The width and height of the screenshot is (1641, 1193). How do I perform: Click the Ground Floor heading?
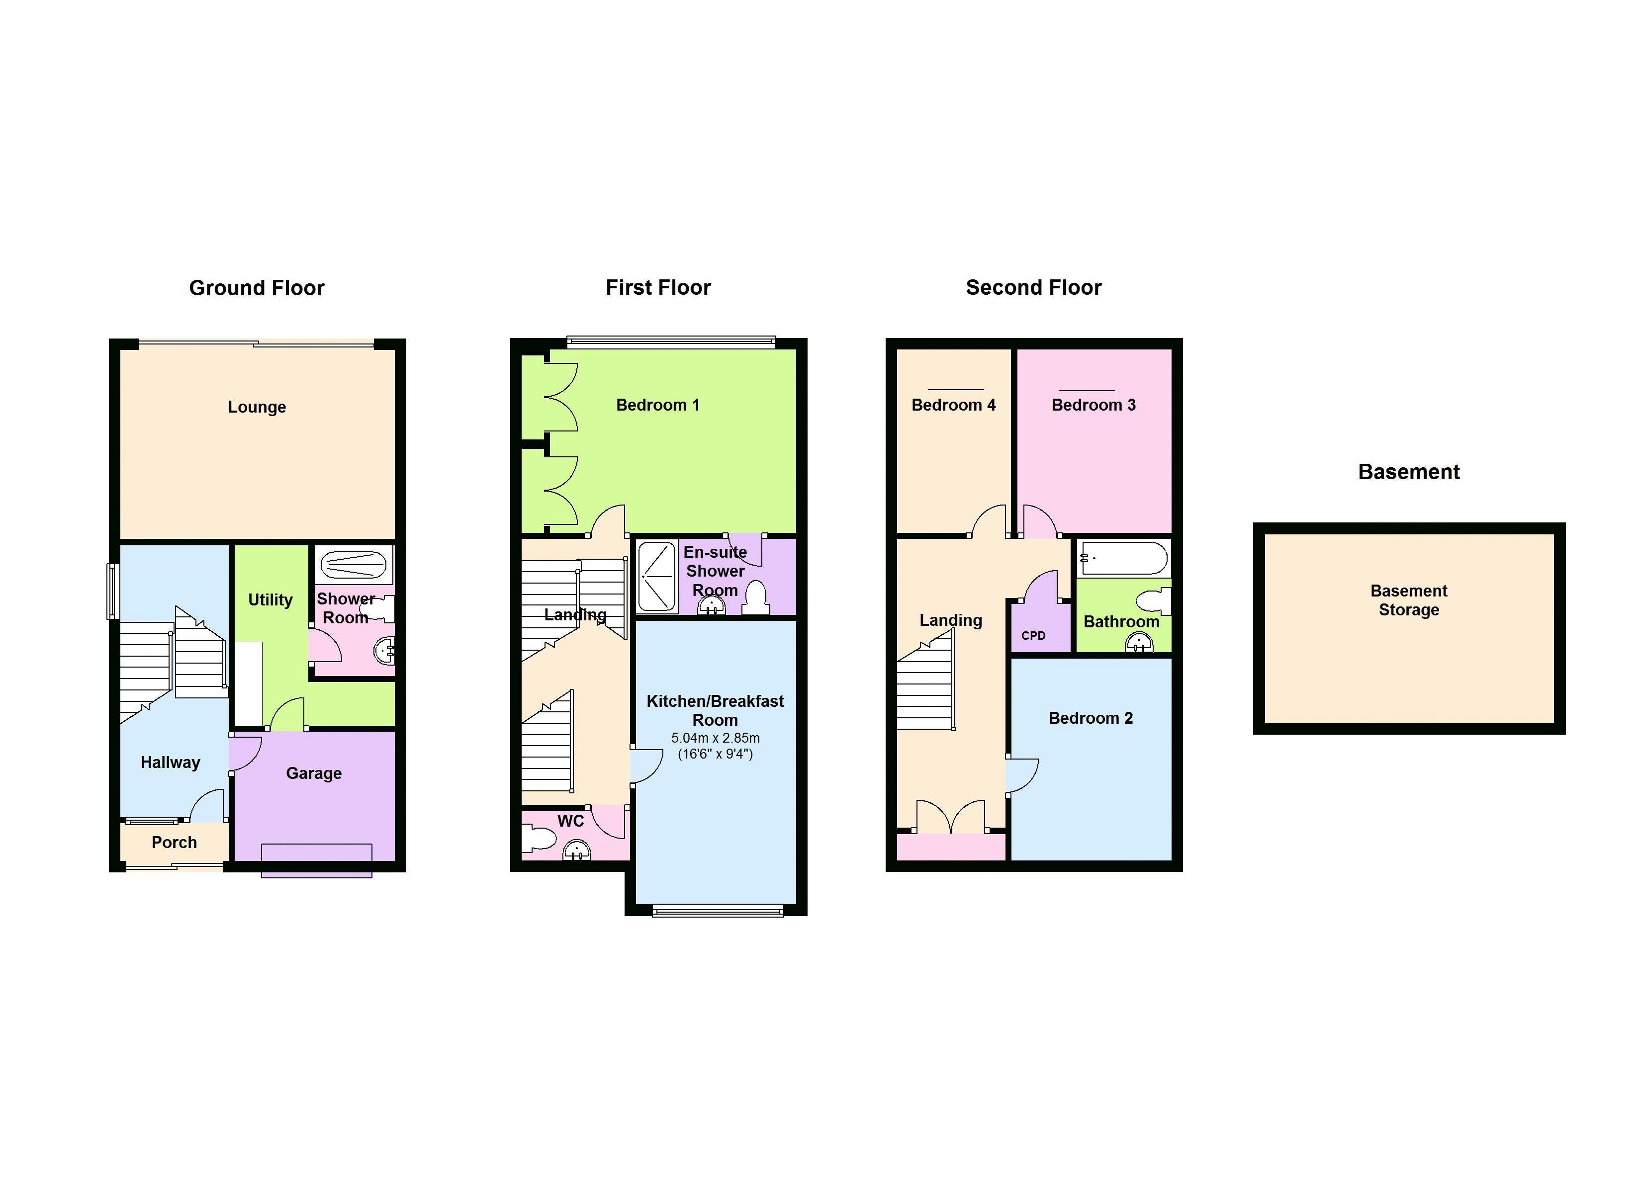click(257, 288)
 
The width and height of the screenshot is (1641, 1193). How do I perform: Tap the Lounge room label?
click(257, 407)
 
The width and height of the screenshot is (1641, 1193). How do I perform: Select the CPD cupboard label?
click(1033, 636)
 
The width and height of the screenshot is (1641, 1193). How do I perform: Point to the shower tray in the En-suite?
click(657, 577)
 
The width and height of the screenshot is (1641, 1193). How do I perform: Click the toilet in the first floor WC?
click(539, 839)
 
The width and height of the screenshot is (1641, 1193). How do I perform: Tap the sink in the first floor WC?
click(577, 850)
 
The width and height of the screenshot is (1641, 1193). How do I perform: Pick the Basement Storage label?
click(1409, 600)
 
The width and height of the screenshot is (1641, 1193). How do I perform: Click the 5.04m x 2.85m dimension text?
click(716, 738)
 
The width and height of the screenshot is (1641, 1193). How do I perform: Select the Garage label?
click(314, 773)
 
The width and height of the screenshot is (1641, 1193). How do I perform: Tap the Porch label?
click(175, 842)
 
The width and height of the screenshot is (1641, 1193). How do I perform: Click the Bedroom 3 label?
click(1094, 405)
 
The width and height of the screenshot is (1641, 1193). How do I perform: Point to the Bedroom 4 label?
click(954, 405)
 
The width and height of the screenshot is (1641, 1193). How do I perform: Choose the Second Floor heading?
click(1033, 288)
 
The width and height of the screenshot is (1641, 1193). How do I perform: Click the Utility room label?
click(271, 600)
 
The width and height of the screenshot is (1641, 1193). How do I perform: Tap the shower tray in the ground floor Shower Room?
click(353, 564)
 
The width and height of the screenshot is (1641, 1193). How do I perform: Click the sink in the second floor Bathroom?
click(1140, 642)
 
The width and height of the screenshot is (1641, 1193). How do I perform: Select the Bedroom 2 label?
click(1091, 718)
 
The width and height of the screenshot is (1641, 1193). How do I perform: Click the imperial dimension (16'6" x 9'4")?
click(716, 754)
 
